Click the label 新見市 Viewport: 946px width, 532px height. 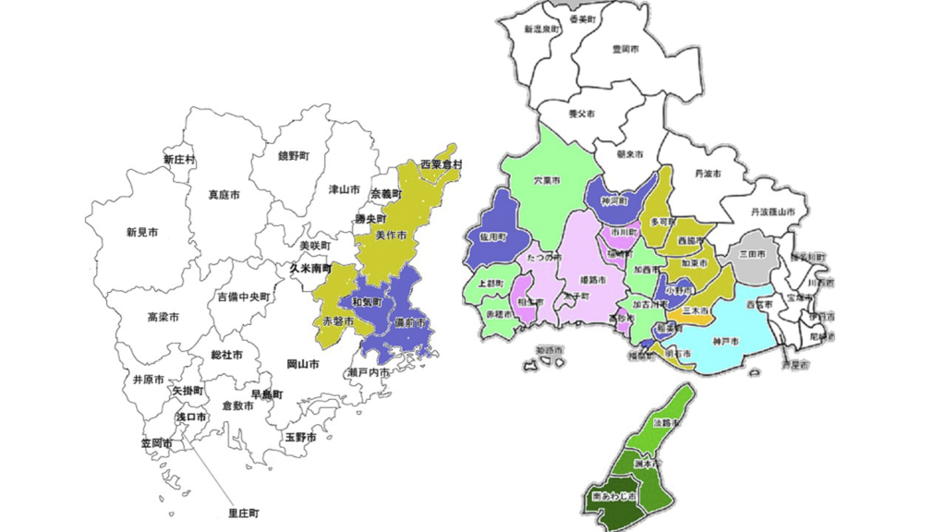click(142, 233)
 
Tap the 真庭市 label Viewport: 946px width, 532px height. click(224, 196)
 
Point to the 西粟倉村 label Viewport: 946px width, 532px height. click(441, 164)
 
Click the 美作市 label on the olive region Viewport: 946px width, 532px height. click(393, 236)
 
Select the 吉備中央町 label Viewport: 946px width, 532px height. click(244, 297)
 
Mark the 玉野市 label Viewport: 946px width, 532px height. click(300, 436)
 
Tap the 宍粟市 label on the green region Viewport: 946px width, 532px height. click(547, 182)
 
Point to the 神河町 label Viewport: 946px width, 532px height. click(613, 200)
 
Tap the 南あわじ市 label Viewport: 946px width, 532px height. click(611, 499)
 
